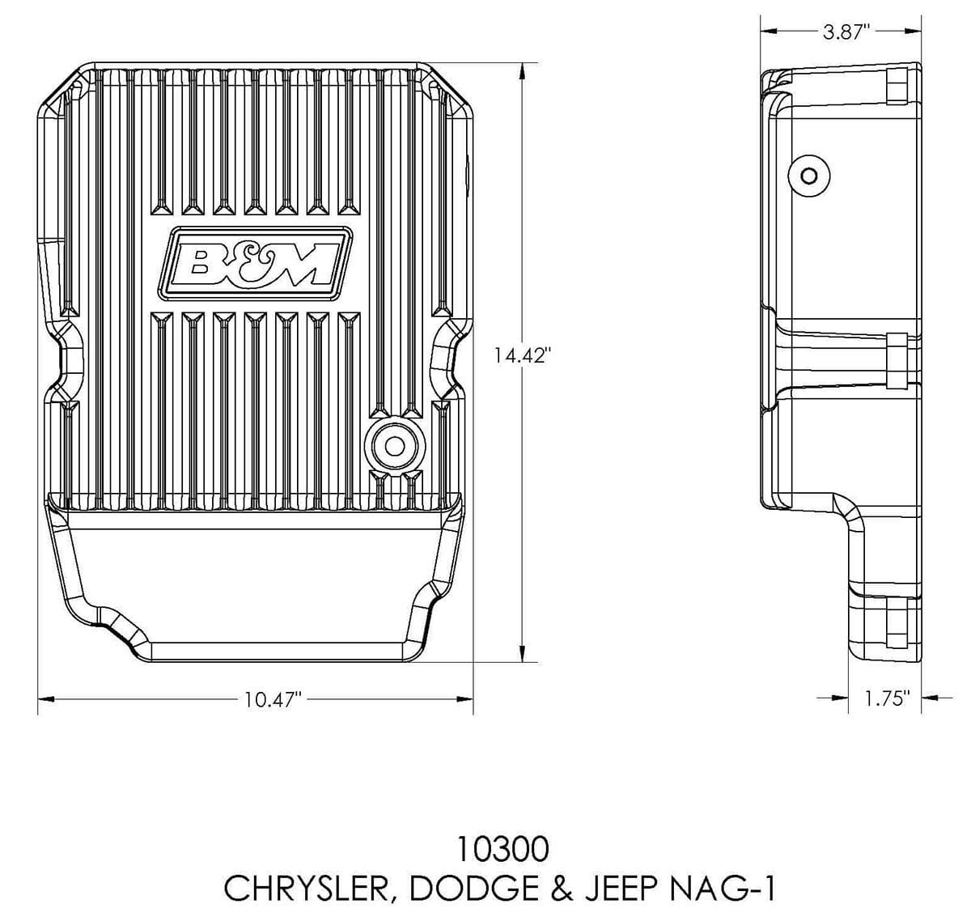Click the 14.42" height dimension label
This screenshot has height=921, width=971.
coord(523,355)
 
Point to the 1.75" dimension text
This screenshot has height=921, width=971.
coord(887,698)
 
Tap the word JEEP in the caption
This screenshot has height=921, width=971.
coord(628,889)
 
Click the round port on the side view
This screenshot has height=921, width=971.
coord(808,176)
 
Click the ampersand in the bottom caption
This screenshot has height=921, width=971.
coord(558,889)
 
